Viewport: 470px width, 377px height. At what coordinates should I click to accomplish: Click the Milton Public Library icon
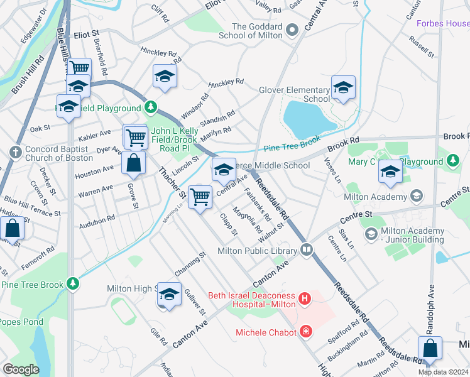(307, 249)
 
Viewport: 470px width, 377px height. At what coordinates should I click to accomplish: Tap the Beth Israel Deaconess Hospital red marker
(305, 298)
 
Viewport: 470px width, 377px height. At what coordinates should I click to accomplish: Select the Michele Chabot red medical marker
(306, 331)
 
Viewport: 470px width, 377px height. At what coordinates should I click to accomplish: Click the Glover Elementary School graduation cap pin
(343, 88)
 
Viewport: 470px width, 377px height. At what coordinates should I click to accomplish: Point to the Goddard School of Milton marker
(292, 30)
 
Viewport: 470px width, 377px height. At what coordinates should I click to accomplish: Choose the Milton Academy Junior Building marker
(371, 234)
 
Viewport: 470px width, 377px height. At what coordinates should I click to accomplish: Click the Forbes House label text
(443, 24)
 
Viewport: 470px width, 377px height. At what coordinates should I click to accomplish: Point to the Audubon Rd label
(97, 221)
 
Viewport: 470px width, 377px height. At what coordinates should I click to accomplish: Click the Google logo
(21, 369)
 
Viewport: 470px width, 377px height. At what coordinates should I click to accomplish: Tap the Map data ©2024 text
(443, 372)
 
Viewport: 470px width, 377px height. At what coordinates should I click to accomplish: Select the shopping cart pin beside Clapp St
(200, 198)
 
